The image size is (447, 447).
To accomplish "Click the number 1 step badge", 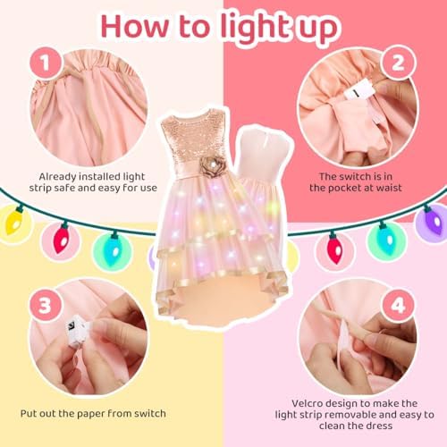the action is [46, 63].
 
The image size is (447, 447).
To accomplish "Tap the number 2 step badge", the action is [399, 63].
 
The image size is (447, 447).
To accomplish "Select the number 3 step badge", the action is [46, 306].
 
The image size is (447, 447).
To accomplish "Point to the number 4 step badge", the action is [398, 306].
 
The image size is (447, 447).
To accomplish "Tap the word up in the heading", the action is [318, 30].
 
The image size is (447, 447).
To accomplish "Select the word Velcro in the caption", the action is [309, 403].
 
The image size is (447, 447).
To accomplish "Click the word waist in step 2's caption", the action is [390, 188].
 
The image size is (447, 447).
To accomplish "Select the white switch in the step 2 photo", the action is [358, 90].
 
